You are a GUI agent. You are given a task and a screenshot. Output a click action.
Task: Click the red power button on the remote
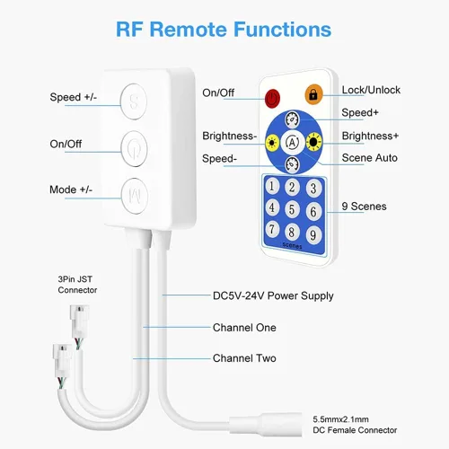click(272, 98)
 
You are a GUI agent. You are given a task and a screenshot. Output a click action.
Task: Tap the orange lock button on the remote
click(313, 94)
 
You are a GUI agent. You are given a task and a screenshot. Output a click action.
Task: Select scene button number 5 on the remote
click(292, 209)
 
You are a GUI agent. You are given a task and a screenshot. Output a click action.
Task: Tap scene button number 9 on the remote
click(313, 234)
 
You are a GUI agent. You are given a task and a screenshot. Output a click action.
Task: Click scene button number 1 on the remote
click(272, 186)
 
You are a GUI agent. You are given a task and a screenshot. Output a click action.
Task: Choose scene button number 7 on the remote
click(272, 229)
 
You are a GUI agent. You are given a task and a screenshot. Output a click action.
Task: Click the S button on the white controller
click(134, 101)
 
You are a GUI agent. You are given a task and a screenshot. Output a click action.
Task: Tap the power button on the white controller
click(134, 148)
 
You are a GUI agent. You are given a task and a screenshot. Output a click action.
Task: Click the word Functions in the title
click(282, 30)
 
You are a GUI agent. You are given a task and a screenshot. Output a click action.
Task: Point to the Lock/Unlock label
click(371, 90)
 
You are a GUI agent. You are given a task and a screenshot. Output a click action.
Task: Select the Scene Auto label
click(370, 158)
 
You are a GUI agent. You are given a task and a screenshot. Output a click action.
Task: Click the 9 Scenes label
click(364, 207)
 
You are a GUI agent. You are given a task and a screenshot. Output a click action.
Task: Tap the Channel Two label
click(244, 358)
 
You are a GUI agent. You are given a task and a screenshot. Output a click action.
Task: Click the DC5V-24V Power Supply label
click(273, 296)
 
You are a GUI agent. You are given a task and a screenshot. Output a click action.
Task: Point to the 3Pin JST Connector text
click(77, 285)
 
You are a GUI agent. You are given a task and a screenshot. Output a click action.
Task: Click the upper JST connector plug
click(78, 321)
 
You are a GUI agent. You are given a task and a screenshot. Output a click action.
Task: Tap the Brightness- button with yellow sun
click(272, 143)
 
